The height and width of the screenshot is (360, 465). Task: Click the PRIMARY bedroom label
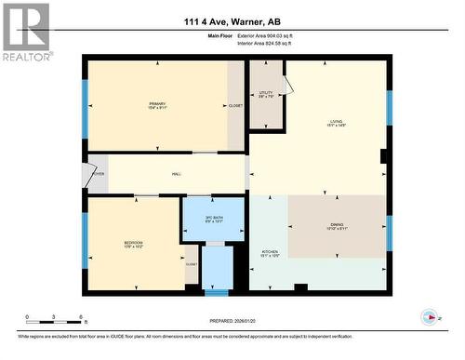(155, 105)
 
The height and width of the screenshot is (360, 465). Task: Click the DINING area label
(336, 226)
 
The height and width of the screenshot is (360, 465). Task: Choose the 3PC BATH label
(216, 220)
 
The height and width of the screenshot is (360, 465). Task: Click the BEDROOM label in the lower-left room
(134, 245)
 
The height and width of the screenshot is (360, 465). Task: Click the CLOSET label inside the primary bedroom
(236, 106)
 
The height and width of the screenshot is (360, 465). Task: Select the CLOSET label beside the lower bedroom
(191, 265)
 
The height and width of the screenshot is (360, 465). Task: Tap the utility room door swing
(289, 86)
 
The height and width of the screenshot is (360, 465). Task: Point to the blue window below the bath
(216, 293)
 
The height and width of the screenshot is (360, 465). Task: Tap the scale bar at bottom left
(56, 321)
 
